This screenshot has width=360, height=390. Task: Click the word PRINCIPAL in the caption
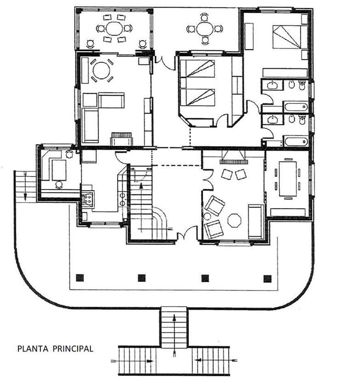pyautogui.click(x=73, y=349)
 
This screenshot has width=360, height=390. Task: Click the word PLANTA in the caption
pyautogui.click(x=33, y=349)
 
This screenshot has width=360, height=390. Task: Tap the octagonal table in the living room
pyautogui.click(x=234, y=220)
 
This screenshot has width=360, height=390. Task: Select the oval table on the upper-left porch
pyautogui.click(x=114, y=28)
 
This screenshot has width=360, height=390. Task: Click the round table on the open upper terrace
pyautogui.click(x=205, y=29)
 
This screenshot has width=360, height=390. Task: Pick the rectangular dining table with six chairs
pyautogui.click(x=288, y=179)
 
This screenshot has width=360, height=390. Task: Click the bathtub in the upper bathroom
pyautogui.click(x=296, y=107)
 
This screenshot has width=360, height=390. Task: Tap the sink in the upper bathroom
pyautogui.click(x=272, y=85)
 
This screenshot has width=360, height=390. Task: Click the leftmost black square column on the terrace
pyautogui.click(x=80, y=277)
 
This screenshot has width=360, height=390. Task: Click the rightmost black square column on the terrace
pyautogui.click(x=267, y=279)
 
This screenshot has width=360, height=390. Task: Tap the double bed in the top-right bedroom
pyautogui.click(x=287, y=36)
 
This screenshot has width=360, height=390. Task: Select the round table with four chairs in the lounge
pyautogui.click(x=101, y=70)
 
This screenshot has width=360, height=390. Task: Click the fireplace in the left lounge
pyautogui.click(x=121, y=139)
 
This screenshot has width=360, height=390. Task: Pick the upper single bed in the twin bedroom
pyautogui.click(x=197, y=69)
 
